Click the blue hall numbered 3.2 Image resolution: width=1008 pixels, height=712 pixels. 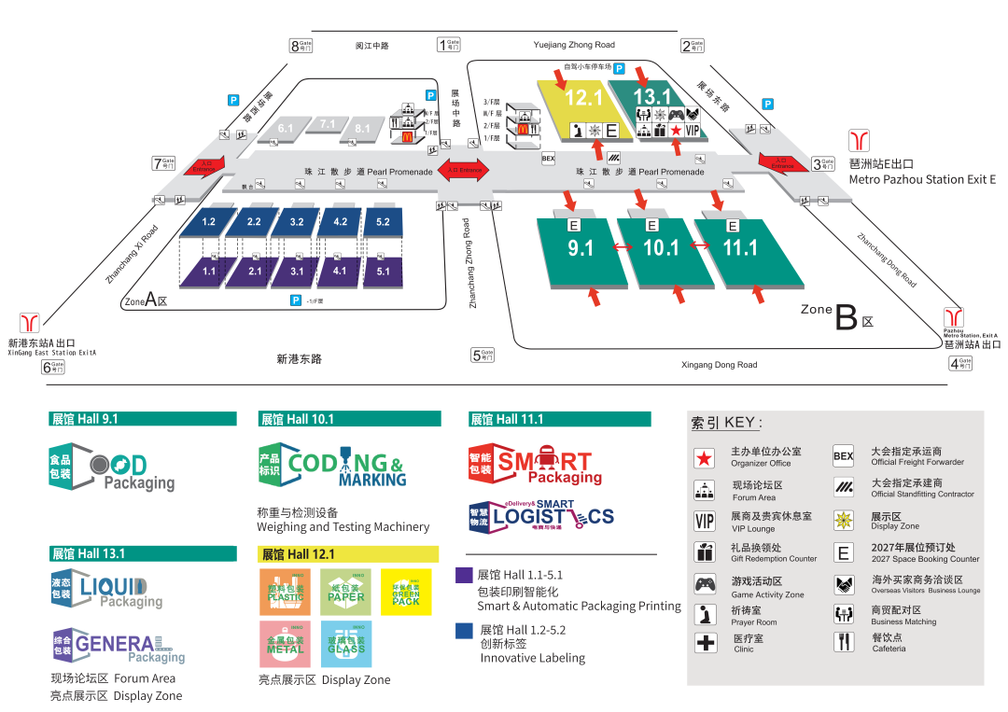coord(297,222)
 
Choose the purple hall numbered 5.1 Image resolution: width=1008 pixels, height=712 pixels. coord(383,272)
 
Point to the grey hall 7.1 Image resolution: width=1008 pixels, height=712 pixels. coord(327,124)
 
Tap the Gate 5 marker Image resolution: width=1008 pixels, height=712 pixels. coord(483,356)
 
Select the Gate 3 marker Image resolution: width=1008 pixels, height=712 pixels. coord(822,164)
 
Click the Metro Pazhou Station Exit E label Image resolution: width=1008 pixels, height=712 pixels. coord(922,179)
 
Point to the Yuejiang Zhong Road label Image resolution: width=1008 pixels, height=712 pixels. coord(574,45)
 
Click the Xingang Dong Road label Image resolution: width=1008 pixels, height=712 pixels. coord(719,365)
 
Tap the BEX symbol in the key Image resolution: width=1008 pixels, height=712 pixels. coord(843,456)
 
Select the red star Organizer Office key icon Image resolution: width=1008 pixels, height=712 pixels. coord(705,457)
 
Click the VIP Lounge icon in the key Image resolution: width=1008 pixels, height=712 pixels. coord(705,521)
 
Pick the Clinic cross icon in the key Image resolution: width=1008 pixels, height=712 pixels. coord(705,642)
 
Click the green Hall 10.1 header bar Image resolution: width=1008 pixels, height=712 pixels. coord(349,419)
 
